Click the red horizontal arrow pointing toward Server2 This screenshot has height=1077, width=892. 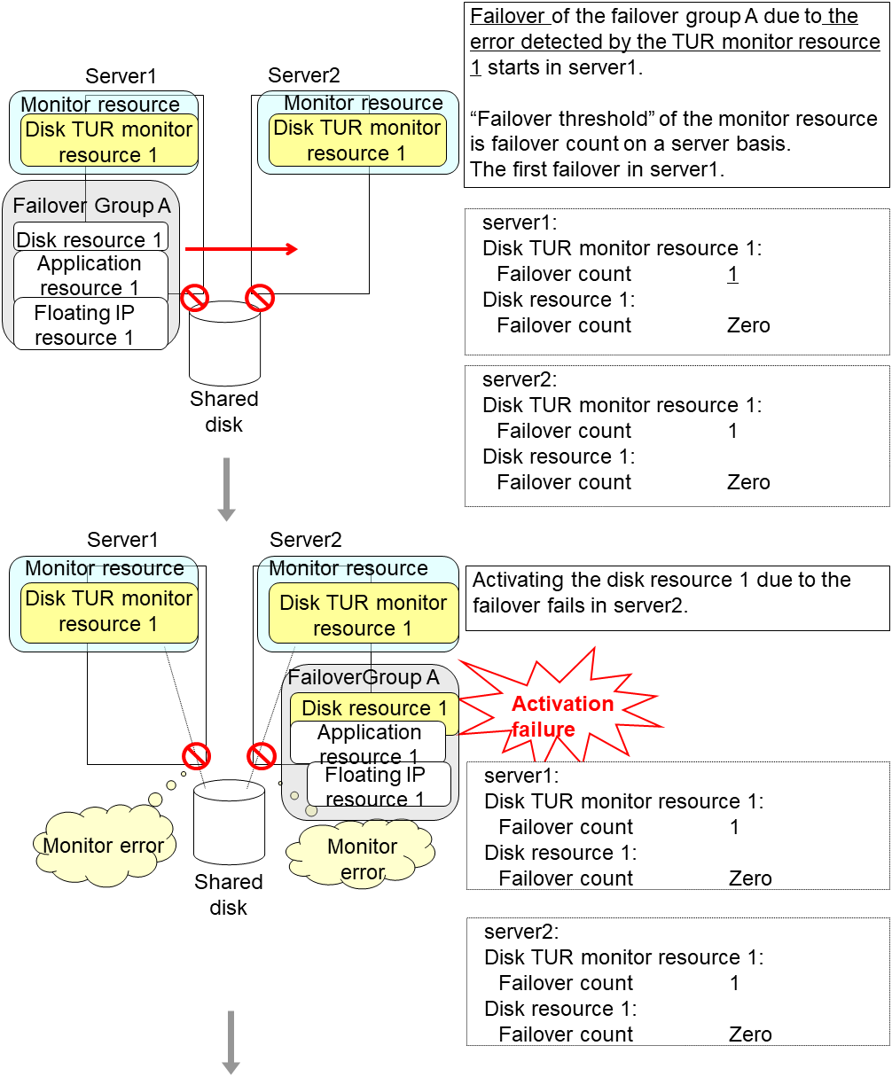click(x=241, y=249)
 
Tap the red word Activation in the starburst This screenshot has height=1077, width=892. click(x=562, y=704)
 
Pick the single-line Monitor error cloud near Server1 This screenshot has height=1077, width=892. click(x=103, y=846)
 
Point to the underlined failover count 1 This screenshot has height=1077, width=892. click(x=732, y=275)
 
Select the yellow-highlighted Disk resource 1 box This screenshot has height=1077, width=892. click(x=374, y=708)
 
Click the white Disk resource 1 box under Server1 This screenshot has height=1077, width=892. click(x=90, y=239)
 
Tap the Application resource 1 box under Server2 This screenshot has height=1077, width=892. click(x=369, y=744)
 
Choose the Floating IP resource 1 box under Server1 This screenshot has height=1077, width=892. click(x=85, y=324)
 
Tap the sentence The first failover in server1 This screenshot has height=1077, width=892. click(x=598, y=169)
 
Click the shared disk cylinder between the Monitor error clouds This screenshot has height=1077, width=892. click(x=229, y=825)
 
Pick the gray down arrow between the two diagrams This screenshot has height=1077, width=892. click(x=226, y=488)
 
